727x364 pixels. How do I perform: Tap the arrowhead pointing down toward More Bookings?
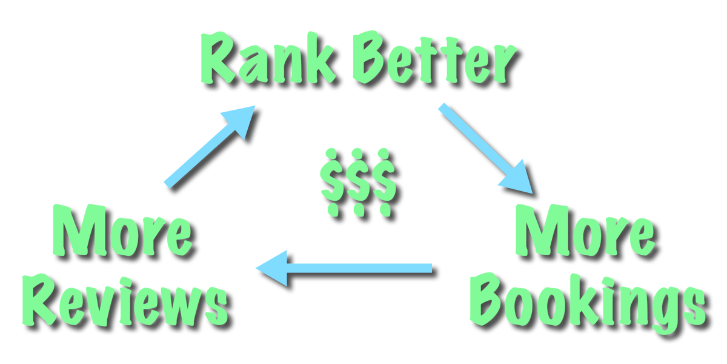click(x=518, y=179)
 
